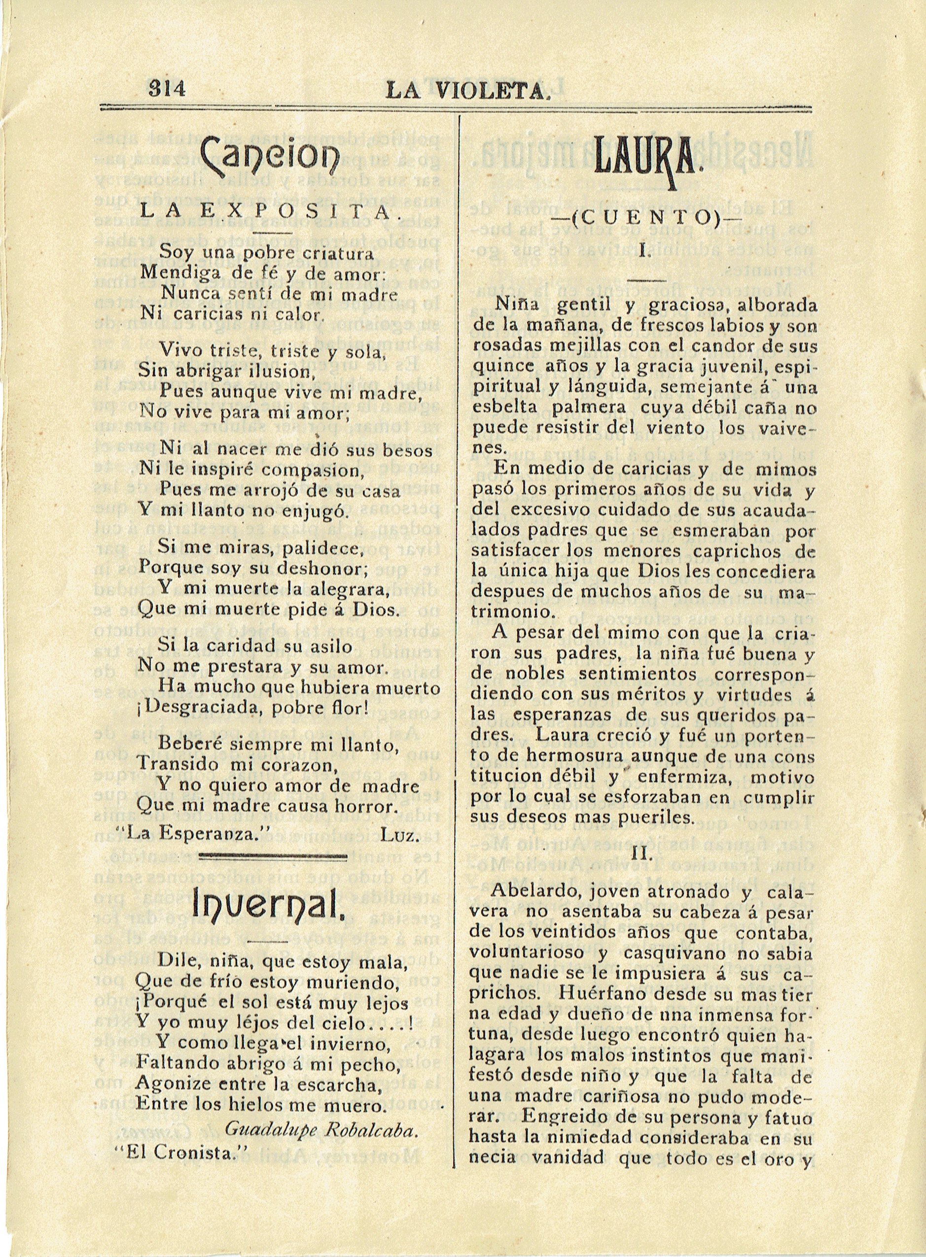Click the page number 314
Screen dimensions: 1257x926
point(167,89)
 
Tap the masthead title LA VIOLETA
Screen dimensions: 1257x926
point(466,90)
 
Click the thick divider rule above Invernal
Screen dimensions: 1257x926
point(273,856)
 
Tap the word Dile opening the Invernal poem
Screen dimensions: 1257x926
point(177,962)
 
